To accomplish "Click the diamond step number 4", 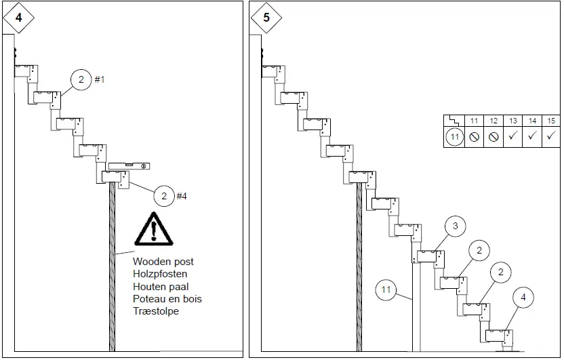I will point(18,18).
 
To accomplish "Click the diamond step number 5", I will point(266,18).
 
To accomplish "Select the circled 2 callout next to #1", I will point(81,80).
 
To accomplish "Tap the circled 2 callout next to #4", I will point(164,197).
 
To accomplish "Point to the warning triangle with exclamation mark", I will point(154,228).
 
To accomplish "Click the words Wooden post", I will point(163,262).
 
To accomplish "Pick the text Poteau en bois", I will point(167,299).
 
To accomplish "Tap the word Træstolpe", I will point(156,311).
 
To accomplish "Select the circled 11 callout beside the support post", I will point(386,290).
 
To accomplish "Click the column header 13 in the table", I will point(512,121).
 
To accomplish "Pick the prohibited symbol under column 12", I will point(493,136).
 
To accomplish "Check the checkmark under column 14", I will point(532,136).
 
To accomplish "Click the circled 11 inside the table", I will point(455,136).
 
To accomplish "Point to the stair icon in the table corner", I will point(454,121).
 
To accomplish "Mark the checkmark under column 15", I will point(551,136).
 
